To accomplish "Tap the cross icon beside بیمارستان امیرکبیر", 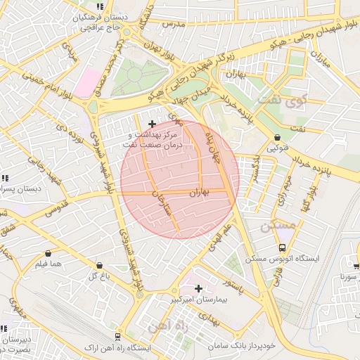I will click(x=199, y=288).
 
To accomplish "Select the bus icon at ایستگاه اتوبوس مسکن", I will click(x=282, y=248).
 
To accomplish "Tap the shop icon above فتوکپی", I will click(x=276, y=137).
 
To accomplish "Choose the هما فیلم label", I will click(x=49, y=264).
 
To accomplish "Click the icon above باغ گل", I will click(x=98, y=265).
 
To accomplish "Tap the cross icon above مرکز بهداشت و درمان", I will click(x=152, y=124).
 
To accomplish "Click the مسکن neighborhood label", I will click(x=274, y=226).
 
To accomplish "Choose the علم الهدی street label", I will click(x=218, y=239).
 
